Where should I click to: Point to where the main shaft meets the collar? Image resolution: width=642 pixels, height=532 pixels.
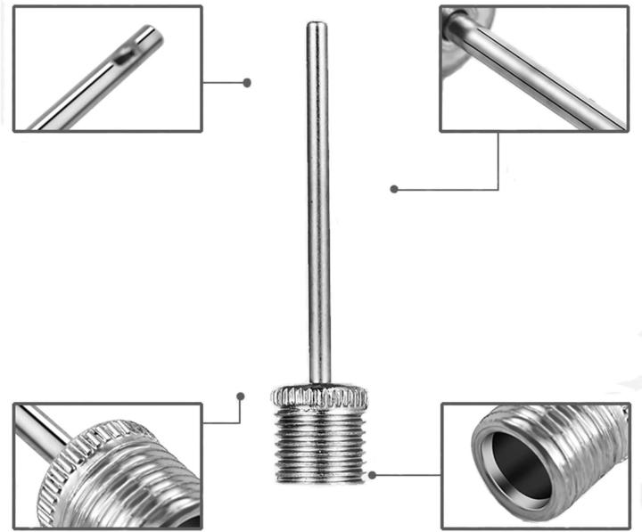[x=319, y=382]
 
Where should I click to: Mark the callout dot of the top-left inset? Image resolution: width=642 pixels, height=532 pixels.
[x=247, y=82]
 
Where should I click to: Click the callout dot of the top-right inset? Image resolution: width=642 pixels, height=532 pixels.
[x=393, y=189]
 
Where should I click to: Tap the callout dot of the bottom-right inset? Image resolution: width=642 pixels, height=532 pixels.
[x=373, y=474]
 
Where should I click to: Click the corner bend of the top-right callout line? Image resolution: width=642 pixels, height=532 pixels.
[x=498, y=189]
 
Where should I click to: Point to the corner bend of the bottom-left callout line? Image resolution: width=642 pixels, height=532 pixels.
[x=241, y=422]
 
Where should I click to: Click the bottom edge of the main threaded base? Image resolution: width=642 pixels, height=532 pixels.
[x=320, y=480]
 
